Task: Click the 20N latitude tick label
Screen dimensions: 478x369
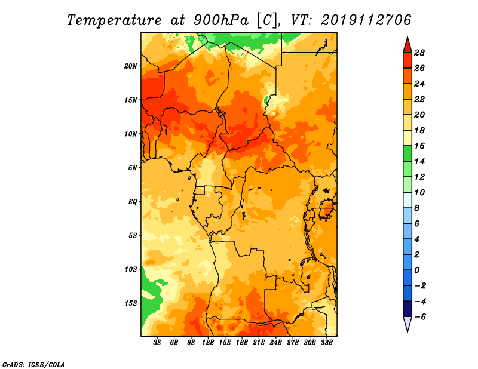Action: tap(131, 66)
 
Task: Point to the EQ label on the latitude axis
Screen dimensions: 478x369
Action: tap(132, 202)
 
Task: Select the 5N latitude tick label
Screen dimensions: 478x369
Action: tap(133, 168)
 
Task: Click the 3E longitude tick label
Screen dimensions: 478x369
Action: tap(157, 342)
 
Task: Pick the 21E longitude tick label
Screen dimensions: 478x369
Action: tap(259, 342)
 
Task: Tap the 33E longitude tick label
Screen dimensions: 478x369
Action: tap(326, 342)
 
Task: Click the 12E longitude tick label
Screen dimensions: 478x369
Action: tap(208, 342)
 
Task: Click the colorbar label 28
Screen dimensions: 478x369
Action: tap(419, 53)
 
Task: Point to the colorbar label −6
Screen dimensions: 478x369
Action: tap(419, 317)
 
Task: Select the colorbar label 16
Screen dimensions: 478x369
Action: tap(419, 146)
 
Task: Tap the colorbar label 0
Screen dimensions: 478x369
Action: tap(416, 270)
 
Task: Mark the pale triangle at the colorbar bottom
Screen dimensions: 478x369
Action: tap(407, 323)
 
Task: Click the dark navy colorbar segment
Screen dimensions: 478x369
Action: tap(407, 309)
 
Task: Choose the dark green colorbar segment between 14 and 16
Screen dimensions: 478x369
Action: tap(407, 153)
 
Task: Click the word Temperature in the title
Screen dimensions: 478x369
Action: tap(114, 20)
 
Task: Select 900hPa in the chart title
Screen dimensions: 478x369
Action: tap(221, 20)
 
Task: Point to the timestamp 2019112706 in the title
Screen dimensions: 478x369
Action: tap(366, 20)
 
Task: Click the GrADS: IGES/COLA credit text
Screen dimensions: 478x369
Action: tap(33, 364)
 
